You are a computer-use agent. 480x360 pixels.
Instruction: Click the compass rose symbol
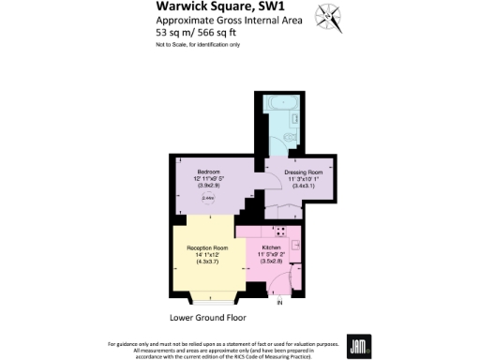[327, 14]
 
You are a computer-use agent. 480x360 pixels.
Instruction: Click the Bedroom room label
[207, 172]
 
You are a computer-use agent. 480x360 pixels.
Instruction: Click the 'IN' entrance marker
[278, 303]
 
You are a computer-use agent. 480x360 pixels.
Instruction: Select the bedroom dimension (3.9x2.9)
[207, 187]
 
